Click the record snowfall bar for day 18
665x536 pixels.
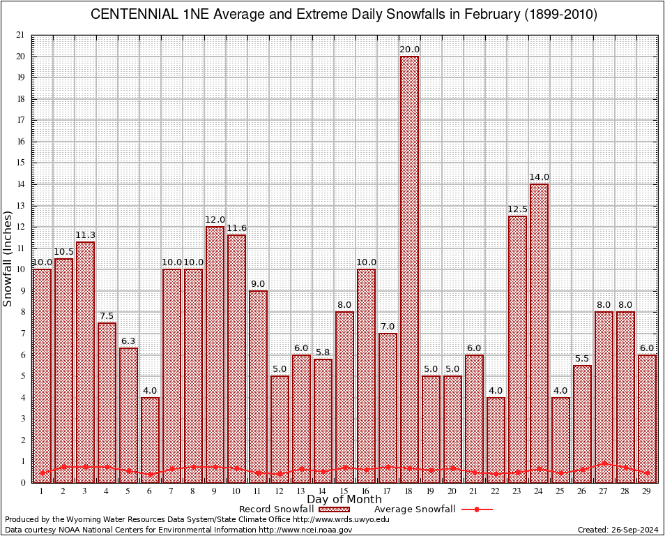(x=409, y=269)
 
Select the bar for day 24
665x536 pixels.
(x=539, y=333)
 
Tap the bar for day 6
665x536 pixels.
(x=150, y=440)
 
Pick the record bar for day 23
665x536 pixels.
(x=517, y=349)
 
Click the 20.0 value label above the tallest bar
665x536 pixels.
(x=409, y=50)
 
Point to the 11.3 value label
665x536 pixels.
(x=85, y=235)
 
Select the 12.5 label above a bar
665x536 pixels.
(x=517, y=209)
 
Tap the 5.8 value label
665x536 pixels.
(x=323, y=352)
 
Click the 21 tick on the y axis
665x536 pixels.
(x=20, y=35)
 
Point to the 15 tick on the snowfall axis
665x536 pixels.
(x=20, y=163)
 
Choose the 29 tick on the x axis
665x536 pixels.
(x=647, y=491)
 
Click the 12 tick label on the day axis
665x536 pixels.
(x=280, y=491)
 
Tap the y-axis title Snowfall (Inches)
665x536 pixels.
(x=8, y=259)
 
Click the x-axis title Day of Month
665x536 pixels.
(x=344, y=500)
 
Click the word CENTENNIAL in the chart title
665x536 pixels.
(x=132, y=15)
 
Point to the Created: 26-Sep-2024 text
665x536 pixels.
(x=618, y=530)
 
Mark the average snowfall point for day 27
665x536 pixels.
(x=604, y=463)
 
